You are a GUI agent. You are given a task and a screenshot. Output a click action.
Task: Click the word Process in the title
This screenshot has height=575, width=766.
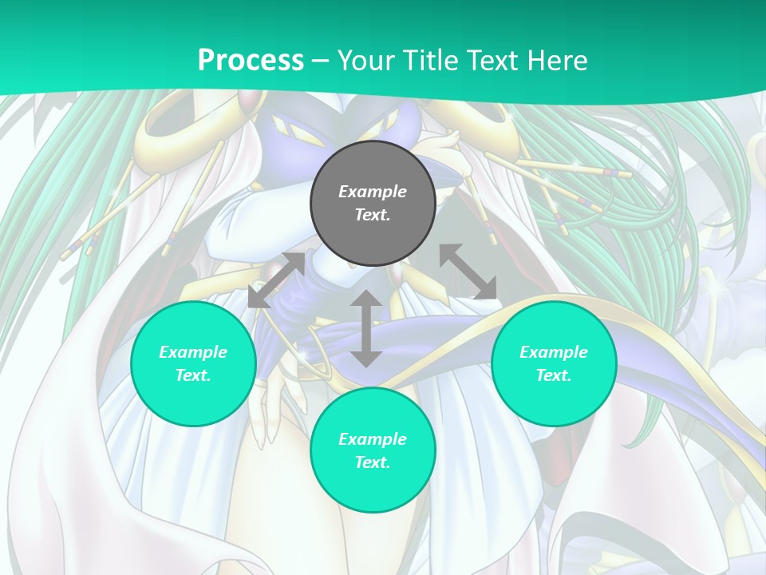coord(251,61)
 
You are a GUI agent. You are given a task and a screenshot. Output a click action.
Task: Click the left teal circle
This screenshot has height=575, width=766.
coord(193,363)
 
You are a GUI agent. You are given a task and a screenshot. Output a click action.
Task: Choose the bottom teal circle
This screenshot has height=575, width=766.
coord(373,450)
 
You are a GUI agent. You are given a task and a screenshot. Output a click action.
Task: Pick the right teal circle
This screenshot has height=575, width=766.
coord(554,363)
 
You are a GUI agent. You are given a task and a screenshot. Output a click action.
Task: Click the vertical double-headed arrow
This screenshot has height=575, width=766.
coord(366,329)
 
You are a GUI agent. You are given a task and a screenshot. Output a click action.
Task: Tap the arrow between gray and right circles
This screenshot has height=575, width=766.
coord(468,272)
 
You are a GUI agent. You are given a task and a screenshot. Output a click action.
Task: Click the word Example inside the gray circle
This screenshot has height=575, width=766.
coord(373,192)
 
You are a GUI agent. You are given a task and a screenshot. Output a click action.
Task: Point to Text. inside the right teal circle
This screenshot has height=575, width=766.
coord(554,375)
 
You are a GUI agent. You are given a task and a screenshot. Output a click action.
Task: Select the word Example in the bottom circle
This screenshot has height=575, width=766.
coord(373,439)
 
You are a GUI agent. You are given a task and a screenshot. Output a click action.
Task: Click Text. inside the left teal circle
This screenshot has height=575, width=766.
coord(193,375)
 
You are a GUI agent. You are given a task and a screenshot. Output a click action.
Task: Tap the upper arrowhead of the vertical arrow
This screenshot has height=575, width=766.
coord(366,299)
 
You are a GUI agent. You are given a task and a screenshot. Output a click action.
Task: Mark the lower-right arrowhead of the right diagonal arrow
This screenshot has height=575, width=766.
coord(486,290)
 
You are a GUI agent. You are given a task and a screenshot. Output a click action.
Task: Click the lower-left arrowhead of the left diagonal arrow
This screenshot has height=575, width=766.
coord(258,298)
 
